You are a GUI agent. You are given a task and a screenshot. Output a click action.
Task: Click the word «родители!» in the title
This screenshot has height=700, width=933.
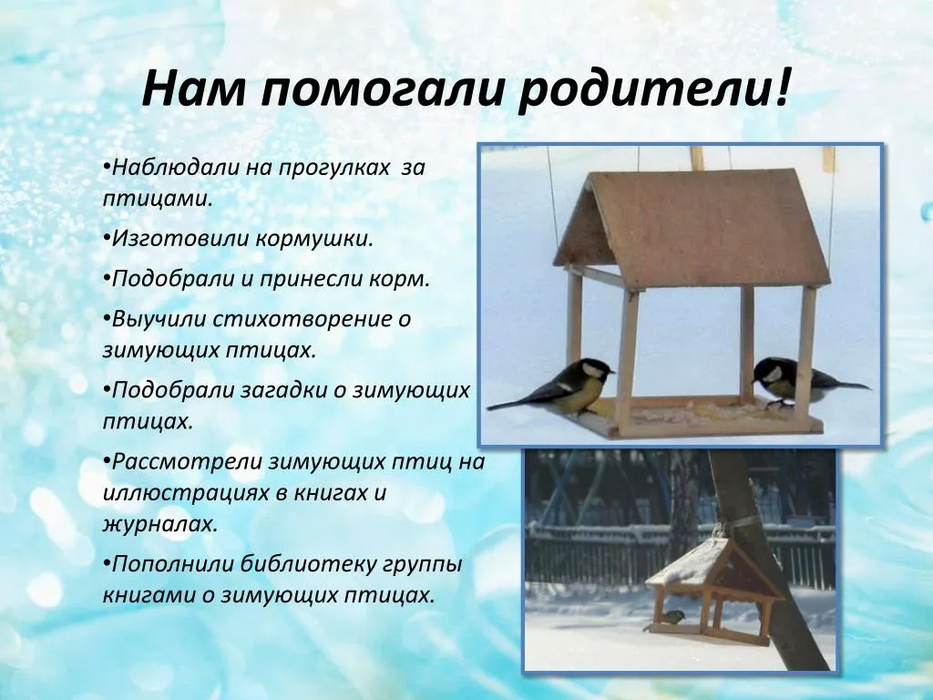[654, 89]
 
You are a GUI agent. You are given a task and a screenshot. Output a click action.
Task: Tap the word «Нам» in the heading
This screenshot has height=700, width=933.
[193, 88]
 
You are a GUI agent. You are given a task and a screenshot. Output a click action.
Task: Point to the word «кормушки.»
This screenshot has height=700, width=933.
[314, 239]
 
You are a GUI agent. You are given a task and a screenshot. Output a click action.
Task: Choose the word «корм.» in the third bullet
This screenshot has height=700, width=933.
[399, 279]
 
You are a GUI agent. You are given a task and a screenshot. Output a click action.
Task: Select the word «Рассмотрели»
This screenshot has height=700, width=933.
[186, 462]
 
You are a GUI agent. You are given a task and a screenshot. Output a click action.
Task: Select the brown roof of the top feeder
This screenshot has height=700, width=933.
[693, 226]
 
